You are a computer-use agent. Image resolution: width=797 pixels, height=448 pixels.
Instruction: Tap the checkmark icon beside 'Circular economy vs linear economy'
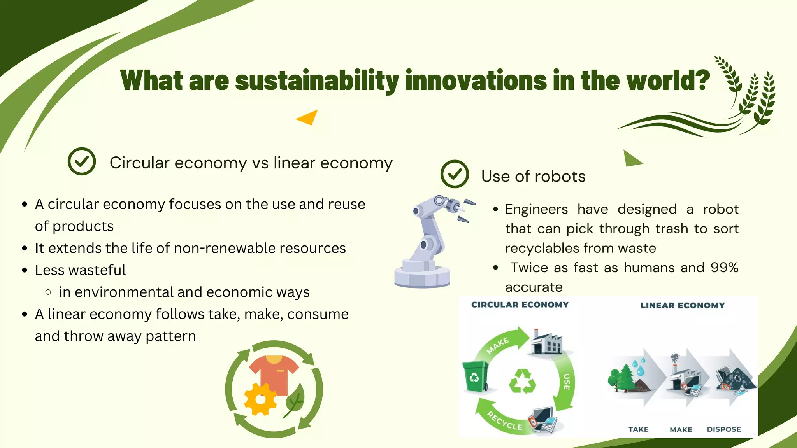(82, 161)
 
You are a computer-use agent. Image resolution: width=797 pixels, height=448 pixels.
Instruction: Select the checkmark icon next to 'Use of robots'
(455, 174)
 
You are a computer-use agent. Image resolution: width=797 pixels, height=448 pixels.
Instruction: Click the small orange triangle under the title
(308, 117)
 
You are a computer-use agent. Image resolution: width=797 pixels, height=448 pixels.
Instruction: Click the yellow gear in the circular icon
(260, 399)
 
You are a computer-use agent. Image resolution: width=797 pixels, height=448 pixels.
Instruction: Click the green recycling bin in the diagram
(475, 376)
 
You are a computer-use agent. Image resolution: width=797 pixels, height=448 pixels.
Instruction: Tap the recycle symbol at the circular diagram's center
(522, 382)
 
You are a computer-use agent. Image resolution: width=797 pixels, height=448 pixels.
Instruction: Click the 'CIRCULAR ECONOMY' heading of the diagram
(520, 305)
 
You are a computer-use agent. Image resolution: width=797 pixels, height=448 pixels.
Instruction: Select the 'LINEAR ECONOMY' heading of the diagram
(683, 306)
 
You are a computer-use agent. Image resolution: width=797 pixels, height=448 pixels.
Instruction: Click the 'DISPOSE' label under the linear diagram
(724, 429)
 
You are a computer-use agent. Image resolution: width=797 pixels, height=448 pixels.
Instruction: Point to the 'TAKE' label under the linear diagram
(638, 429)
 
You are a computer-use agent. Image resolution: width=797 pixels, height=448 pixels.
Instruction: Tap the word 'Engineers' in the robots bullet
(536, 209)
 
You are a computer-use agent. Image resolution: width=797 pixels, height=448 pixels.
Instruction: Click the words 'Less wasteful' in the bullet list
(80, 270)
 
